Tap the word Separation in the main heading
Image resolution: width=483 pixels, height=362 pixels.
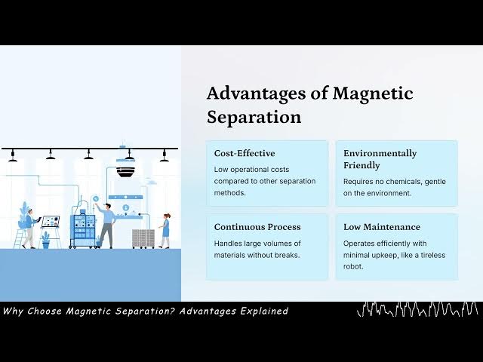click(254, 118)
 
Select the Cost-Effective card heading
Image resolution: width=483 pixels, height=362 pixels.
click(245, 153)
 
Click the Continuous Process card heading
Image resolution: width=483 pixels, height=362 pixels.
click(257, 226)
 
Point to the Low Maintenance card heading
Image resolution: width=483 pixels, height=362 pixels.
click(382, 226)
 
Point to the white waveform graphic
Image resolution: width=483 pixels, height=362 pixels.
click(417, 309)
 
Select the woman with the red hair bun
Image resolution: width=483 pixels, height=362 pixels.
click(165, 229)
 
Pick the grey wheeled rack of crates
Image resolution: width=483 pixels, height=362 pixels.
click(143, 238)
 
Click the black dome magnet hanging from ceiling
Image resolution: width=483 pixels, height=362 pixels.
click(126, 171)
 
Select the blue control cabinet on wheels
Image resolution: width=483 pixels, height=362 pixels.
click(83, 231)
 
